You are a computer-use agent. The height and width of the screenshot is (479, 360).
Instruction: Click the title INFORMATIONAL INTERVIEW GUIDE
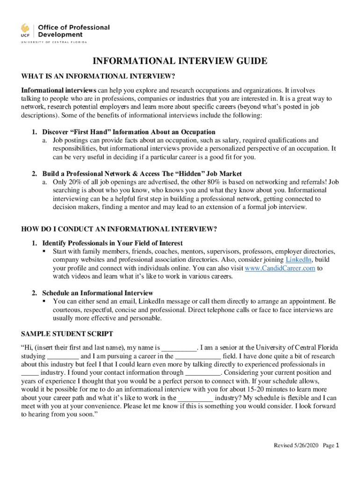180,61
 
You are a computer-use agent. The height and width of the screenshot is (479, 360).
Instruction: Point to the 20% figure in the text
74,182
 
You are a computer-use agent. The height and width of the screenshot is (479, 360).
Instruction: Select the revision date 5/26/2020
306,446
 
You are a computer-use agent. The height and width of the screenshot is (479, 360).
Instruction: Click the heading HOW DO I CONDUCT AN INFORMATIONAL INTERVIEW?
119,229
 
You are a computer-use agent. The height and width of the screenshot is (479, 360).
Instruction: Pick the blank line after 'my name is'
179,348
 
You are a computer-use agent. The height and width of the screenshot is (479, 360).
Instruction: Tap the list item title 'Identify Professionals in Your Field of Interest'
112,243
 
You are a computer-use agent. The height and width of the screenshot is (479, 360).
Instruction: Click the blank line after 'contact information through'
202,373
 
